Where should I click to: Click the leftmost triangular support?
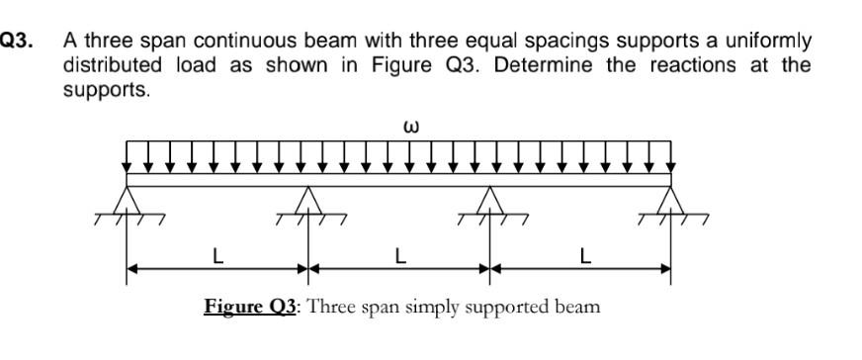127,200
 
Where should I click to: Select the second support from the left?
308,200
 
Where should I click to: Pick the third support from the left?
490,200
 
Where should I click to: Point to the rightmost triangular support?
672,200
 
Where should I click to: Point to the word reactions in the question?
684,65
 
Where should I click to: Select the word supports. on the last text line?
106,89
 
